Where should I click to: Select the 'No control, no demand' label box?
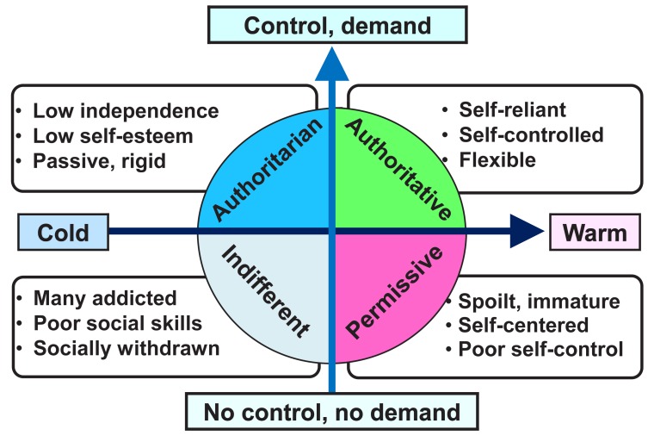point(332,411)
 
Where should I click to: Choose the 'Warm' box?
point(595,232)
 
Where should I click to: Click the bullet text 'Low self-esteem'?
point(114,135)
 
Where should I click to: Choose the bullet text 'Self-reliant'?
point(501,111)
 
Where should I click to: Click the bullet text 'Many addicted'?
point(105,298)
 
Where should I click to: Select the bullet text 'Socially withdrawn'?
point(127,348)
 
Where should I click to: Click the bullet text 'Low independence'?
point(126,111)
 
